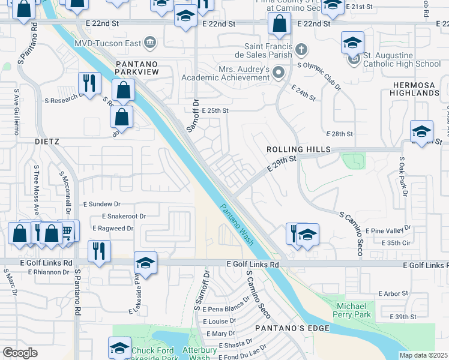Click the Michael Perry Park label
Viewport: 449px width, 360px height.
tap(352, 310)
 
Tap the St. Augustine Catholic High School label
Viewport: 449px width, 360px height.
tap(402, 59)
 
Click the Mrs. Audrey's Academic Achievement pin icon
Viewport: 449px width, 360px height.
tap(278, 73)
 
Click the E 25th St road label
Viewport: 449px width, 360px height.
tap(215, 111)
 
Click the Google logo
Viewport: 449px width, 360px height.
tap(20, 353)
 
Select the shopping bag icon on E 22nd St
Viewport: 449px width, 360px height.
tap(279, 24)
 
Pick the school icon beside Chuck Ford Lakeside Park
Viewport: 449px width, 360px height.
tap(119, 348)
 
